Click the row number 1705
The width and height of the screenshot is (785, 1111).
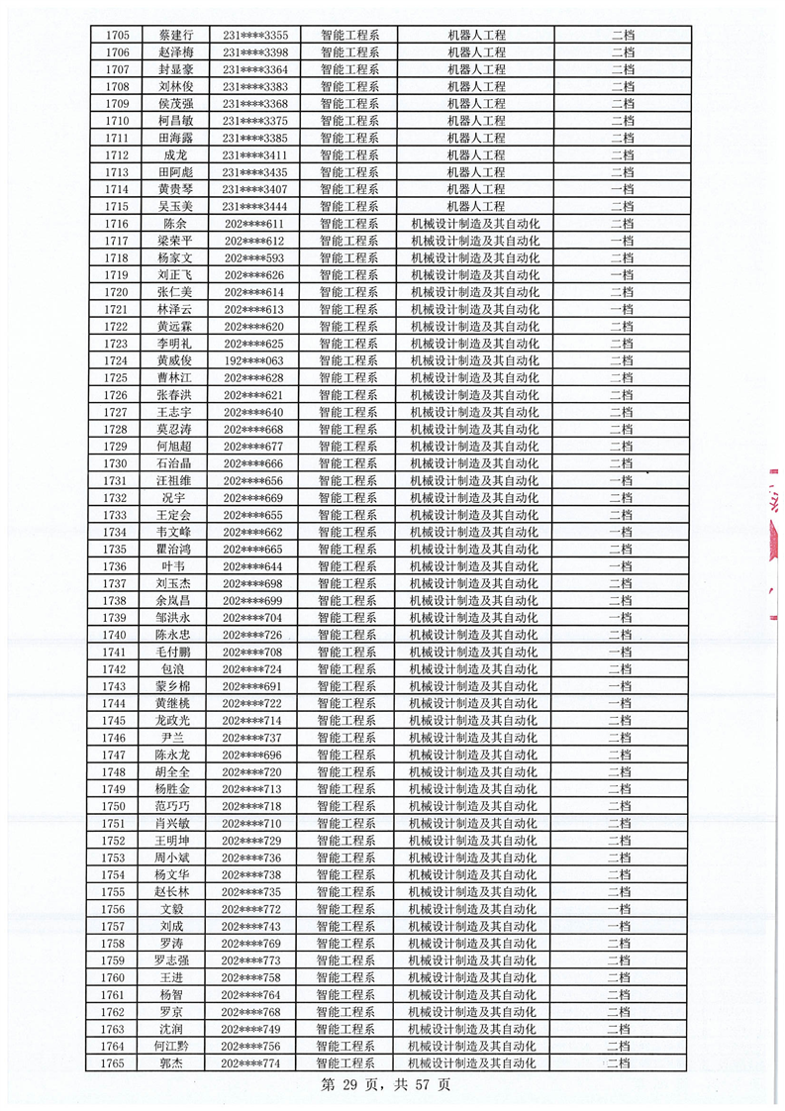(x=116, y=35)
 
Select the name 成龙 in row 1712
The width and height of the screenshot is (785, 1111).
(x=174, y=155)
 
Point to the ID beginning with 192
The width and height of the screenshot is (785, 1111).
(x=254, y=360)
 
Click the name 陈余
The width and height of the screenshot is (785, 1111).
(x=174, y=224)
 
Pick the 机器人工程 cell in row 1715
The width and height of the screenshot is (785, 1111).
(x=476, y=207)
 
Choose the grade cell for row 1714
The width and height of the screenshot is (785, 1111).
(x=622, y=189)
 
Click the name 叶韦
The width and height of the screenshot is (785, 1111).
(x=174, y=566)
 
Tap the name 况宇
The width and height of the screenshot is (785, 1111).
(x=174, y=498)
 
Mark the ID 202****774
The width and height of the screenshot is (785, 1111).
(x=253, y=1063)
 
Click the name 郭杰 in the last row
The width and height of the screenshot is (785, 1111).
(x=174, y=1063)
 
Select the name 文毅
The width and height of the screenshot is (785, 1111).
(x=174, y=909)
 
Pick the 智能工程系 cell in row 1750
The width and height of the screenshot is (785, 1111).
(x=346, y=806)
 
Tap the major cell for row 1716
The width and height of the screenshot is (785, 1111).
(x=475, y=224)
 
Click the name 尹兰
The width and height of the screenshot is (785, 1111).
(x=174, y=738)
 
